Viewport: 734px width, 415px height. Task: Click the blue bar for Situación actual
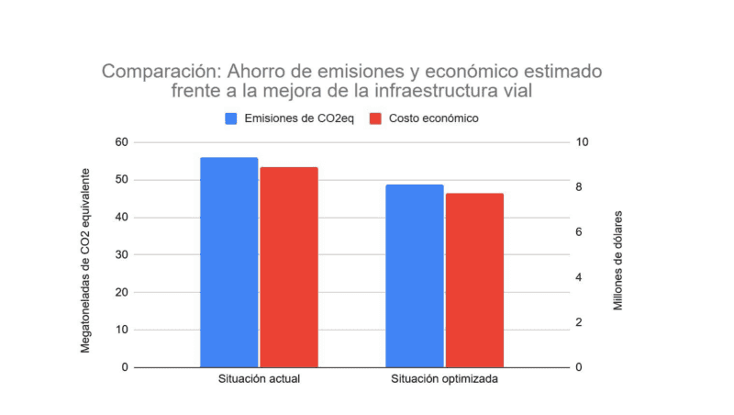tap(228, 263)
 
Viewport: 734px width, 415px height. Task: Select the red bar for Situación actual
tap(288, 267)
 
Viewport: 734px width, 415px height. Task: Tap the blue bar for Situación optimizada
tap(414, 276)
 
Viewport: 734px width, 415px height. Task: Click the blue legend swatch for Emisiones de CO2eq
tap(232, 118)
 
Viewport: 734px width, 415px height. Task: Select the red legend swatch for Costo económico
tap(374, 118)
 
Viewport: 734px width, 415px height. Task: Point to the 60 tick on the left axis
tap(122, 142)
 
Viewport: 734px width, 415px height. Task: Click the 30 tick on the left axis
tap(122, 254)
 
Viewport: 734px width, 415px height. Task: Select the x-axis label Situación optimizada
tap(445, 379)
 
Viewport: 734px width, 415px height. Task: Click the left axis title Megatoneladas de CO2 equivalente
tap(86, 260)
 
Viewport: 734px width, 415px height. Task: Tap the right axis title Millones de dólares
tap(619, 260)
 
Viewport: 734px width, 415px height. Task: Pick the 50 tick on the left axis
tap(122, 180)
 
